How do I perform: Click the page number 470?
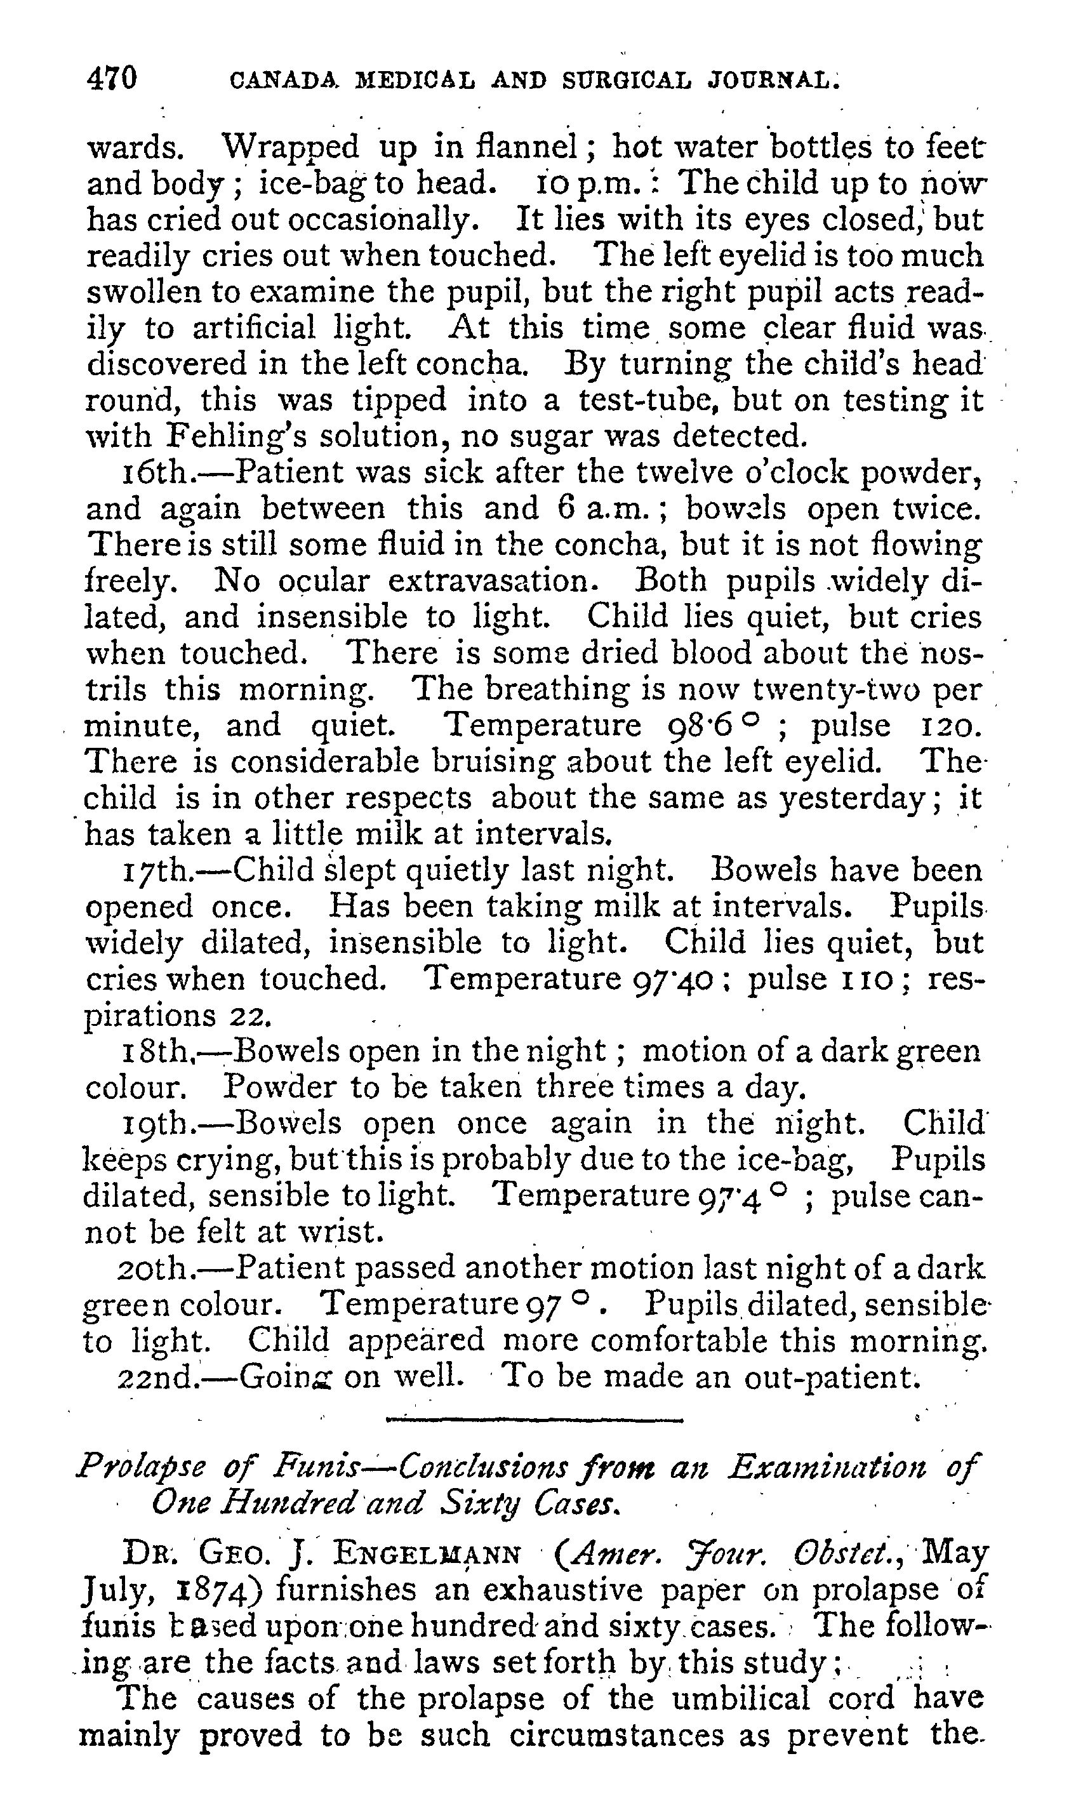(x=112, y=78)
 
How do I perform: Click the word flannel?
(x=528, y=148)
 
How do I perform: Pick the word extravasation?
(x=493, y=582)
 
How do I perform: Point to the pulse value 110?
(x=860, y=980)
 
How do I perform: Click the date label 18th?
(x=155, y=1052)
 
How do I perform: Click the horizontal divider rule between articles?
(x=533, y=1420)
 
